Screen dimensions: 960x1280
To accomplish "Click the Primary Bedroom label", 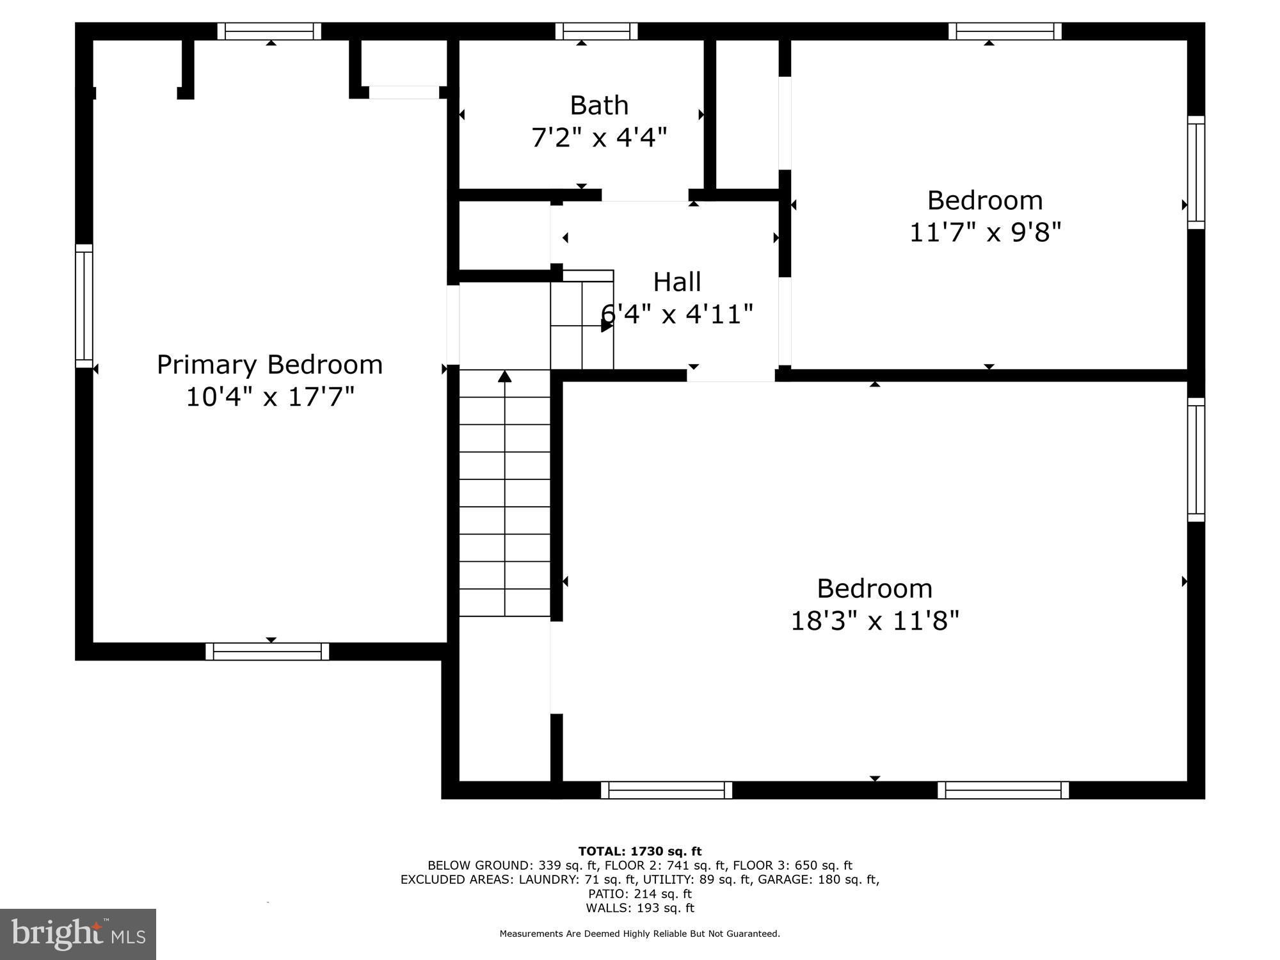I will pos(269,365).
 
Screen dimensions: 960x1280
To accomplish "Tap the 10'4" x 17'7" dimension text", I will pos(269,397).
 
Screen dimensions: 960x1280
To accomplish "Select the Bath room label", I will pos(599,106).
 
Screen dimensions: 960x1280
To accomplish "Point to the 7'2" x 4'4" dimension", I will pos(599,138).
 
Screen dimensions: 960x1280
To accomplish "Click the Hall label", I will pos(676,282).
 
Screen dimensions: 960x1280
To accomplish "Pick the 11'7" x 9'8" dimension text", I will pos(985,233).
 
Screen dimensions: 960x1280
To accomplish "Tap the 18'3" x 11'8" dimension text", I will pos(875,621).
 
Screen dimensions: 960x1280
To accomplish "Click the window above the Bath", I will pos(596,31).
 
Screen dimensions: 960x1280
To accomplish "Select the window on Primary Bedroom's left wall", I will pos(84,306).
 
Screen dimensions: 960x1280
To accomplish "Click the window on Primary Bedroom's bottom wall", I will pos(268,652).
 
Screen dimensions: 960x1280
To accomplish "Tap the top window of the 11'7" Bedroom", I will pos(1005,31).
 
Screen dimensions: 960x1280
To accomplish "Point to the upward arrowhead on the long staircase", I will pos(505,376).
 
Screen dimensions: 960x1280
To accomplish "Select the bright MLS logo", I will pos(78,934).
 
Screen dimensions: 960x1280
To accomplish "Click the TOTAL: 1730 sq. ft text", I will pos(640,851).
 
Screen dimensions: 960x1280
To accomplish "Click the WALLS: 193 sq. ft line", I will pos(640,908).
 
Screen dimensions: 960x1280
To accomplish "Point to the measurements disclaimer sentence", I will pos(640,934).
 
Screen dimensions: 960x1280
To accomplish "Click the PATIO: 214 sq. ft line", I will pos(640,893).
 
